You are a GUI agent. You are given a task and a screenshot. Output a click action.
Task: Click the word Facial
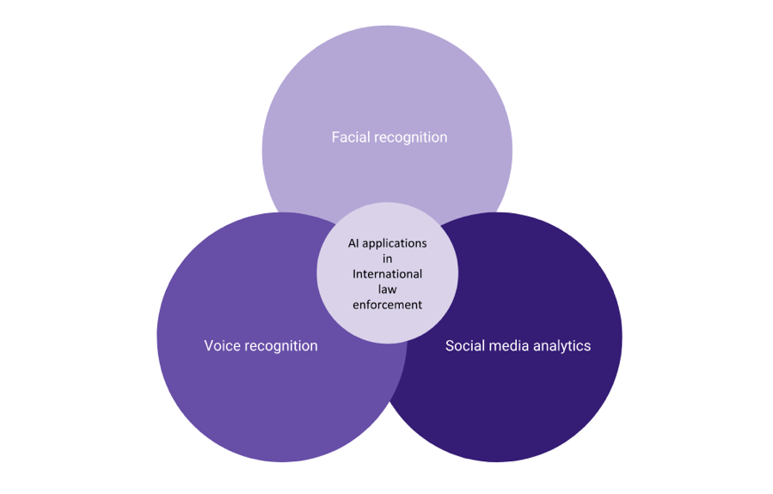tap(349, 137)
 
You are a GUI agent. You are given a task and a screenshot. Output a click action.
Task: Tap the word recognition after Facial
tap(409, 137)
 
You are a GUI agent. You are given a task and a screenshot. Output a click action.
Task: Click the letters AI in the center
tap(353, 243)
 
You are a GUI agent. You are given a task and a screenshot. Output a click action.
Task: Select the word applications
tap(395, 244)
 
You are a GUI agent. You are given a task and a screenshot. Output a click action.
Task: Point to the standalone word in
tap(388, 259)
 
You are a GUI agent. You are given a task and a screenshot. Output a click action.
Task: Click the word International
tap(388, 274)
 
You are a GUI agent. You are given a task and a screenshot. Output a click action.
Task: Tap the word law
tap(388, 290)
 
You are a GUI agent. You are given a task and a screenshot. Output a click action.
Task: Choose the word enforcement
tap(388, 305)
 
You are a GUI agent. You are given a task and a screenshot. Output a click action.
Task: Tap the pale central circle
tap(388, 273)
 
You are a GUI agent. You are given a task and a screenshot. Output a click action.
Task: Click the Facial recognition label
tap(390, 138)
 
